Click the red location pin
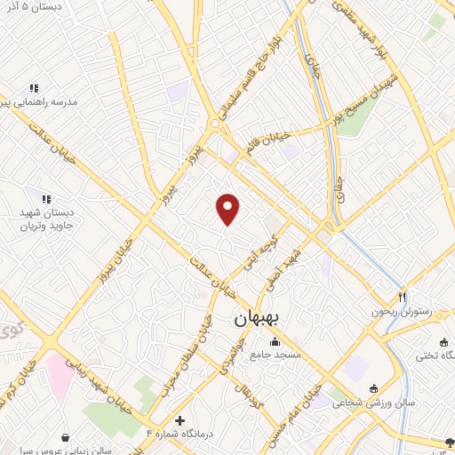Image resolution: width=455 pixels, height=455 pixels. pyautogui.click(x=228, y=209)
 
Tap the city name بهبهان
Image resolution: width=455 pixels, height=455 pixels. pyautogui.click(x=258, y=317)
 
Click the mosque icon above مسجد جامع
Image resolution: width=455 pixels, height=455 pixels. pyautogui.click(x=274, y=342)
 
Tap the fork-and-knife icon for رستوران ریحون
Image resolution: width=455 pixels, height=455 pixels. pyautogui.click(x=401, y=298)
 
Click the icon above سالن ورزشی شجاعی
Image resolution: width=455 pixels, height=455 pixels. pyautogui.click(x=373, y=387)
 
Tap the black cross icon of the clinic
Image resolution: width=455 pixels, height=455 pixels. pyautogui.click(x=180, y=419)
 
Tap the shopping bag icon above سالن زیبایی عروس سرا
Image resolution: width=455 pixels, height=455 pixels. pyautogui.click(x=66, y=436)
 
